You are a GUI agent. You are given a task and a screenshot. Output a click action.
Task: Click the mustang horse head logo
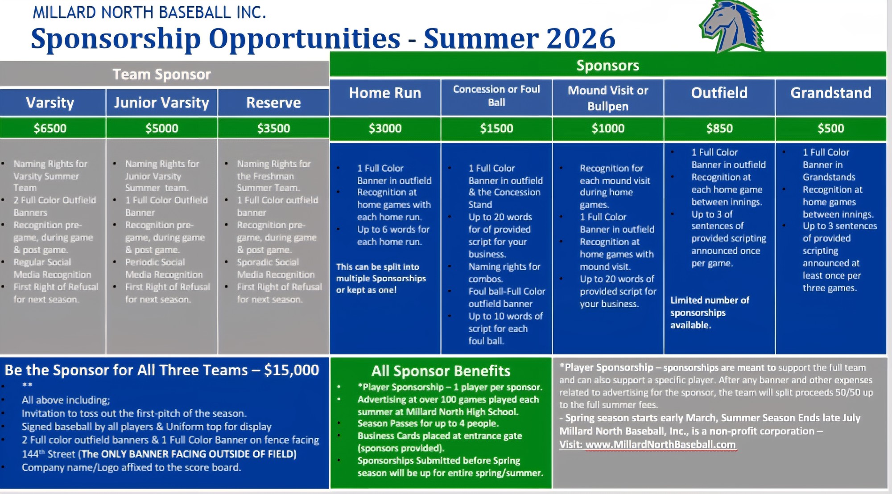pyautogui.click(x=731, y=27)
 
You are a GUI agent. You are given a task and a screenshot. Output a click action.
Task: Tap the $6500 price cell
pyautogui.click(x=50, y=128)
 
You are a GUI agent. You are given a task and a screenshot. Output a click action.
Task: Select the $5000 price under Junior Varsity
pyautogui.click(x=162, y=128)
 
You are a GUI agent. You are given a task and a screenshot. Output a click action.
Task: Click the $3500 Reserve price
pyautogui.click(x=273, y=128)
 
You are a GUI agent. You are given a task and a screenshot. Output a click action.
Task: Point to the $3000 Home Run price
pyautogui.click(x=385, y=128)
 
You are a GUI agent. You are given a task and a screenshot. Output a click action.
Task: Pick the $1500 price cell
pyautogui.click(x=496, y=128)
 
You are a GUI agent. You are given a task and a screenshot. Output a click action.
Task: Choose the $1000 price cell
pyautogui.click(x=608, y=128)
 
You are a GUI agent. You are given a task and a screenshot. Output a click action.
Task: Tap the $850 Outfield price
pyautogui.click(x=719, y=128)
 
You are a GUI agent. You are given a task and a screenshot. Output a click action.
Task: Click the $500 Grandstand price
pyautogui.click(x=831, y=128)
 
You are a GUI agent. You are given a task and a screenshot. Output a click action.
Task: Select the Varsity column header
pyautogui.click(x=50, y=103)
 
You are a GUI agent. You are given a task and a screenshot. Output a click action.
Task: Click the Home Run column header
pyautogui.click(x=385, y=93)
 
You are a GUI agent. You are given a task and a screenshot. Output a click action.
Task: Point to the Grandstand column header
pyautogui.click(x=831, y=93)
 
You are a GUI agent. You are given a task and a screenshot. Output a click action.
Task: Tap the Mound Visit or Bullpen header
pyautogui.click(x=608, y=98)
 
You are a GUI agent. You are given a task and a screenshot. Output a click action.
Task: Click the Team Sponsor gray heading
pyautogui.click(x=162, y=74)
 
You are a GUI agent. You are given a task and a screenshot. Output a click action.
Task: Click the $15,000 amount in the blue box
pyautogui.click(x=292, y=370)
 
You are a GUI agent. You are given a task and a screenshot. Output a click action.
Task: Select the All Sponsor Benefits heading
pyautogui.click(x=441, y=371)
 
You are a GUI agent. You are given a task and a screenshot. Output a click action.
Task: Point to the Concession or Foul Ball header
pyautogui.click(x=496, y=95)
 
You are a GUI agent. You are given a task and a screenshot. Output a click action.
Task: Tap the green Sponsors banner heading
pyautogui.click(x=608, y=65)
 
